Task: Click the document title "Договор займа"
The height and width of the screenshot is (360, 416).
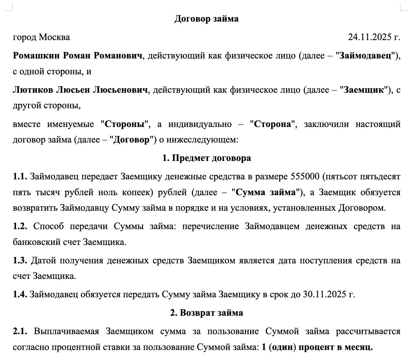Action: coord(206,19)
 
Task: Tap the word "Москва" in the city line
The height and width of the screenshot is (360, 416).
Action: coord(54,37)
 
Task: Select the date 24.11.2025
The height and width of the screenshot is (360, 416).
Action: coord(370,37)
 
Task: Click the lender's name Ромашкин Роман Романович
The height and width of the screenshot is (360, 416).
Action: coord(78,56)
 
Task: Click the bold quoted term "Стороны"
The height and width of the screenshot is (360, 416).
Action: coord(125,124)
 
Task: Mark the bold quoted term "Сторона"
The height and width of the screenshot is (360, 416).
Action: coord(273,124)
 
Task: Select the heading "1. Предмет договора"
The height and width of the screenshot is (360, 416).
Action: coord(206,158)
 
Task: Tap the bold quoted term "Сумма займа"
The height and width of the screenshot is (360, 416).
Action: coord(266,192)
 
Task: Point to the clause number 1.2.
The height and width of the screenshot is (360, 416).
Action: coord(20,226)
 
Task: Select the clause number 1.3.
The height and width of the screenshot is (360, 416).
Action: coord(20,260)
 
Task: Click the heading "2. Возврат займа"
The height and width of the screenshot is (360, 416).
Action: coord(206,313)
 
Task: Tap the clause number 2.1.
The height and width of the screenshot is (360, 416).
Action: coord(20,331)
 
